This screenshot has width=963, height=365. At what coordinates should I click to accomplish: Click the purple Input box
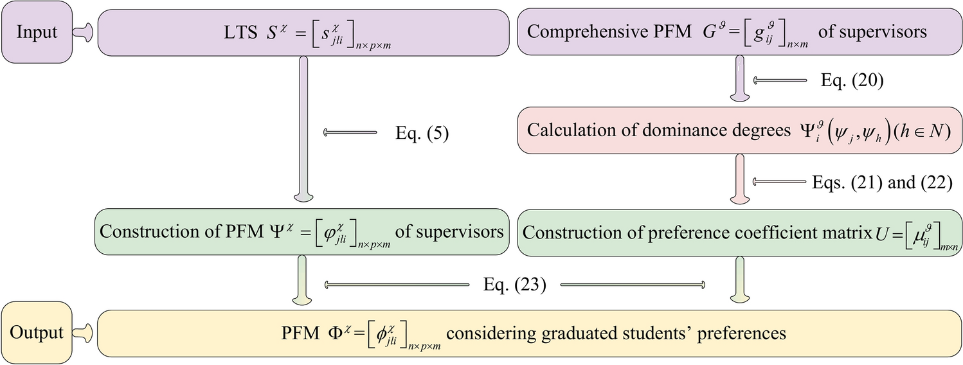[x=36, y=33]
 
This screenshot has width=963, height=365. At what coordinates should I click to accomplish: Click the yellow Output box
[x=36, y=332]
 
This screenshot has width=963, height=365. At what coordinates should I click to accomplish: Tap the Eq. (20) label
[x=852, y=80]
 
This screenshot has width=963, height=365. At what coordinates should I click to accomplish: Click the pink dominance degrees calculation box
[x=740, y=130]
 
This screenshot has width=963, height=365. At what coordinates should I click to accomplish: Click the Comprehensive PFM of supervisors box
[x=740, y=32]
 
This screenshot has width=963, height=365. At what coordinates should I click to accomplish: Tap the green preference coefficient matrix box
[x=740, y=232]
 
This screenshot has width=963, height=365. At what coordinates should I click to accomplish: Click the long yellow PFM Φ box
[x=527, y=334]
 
